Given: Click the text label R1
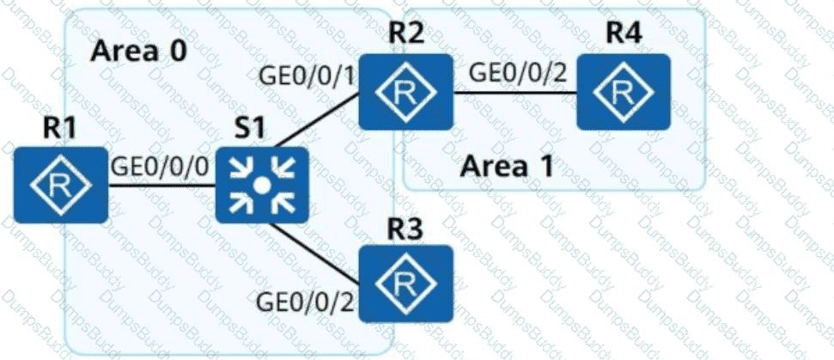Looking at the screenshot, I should tap(60, 128).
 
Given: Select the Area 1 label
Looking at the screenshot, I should tap(505, 164).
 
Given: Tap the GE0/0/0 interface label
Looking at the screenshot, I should tap(160, 165).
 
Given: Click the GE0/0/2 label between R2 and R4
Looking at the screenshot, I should tap(518, 73).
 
